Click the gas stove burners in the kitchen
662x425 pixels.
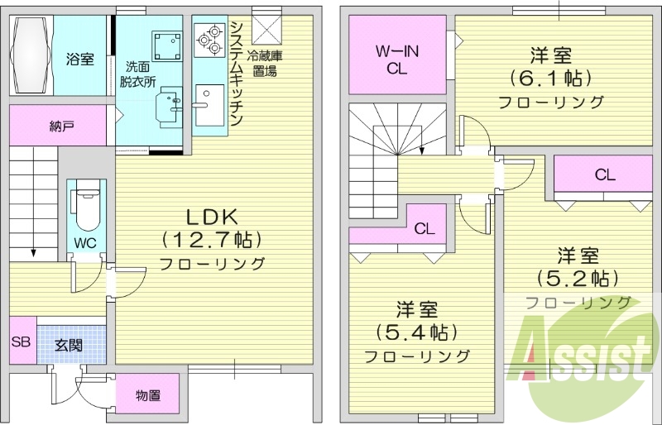tap(209, 38)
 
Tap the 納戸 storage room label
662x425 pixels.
tap(61, 127)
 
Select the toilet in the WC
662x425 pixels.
tap(84, 207)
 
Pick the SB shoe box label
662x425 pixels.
tap(22, 341)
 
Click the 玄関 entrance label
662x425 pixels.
tap(68, 345)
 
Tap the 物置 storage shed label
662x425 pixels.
tap(147, 395)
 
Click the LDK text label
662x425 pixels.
tap(211, 217)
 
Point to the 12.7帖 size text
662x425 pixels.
tap(211, 241)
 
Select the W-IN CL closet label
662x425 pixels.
tap(397, 60)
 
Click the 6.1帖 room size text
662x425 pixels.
tap(551, 79)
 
